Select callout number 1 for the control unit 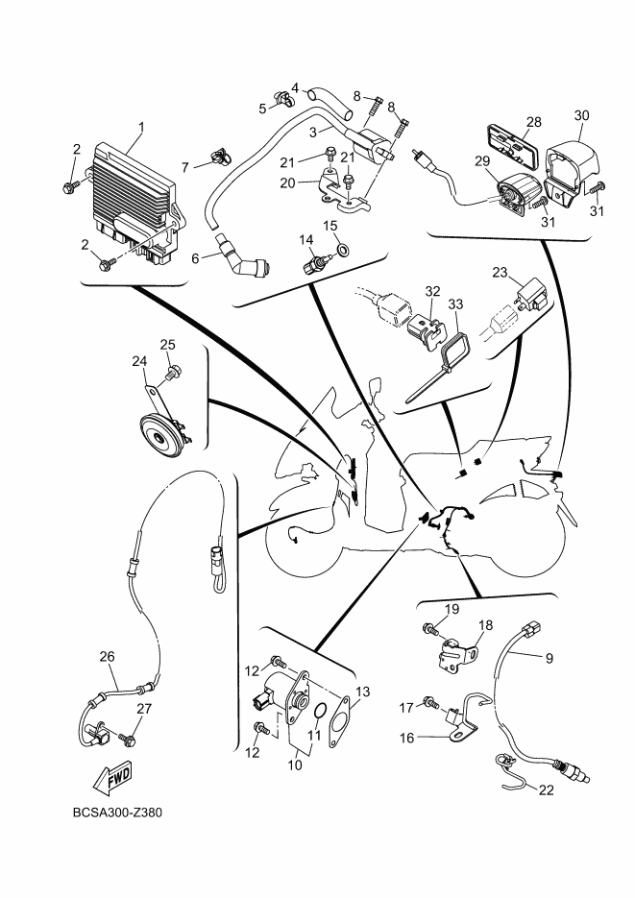coord(141,126)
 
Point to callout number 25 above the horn coord(168,345)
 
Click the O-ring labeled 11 coord(321,710)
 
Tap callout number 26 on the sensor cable coord(107,656)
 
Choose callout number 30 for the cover coord(581,115)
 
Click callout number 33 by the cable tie coord(455,303)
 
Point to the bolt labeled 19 coord(430,629)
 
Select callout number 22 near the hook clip coord(547,789)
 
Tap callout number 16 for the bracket coord(406,739)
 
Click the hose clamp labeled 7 coord(221,155)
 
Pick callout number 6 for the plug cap coord(195,259)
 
